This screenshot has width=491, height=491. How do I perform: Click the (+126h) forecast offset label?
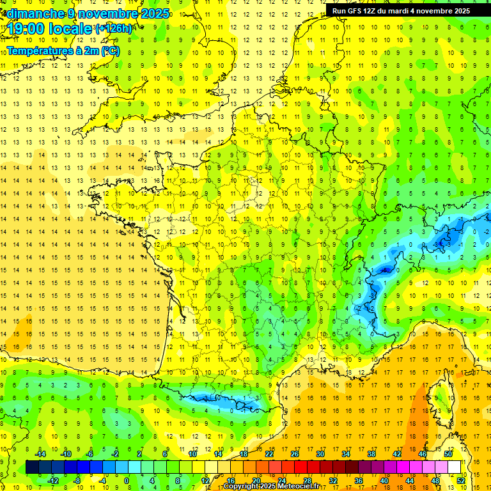[x=114, y=28]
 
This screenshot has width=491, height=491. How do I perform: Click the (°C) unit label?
[x=109, y=51]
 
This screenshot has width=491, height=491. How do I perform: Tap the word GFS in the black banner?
[x=357, y=11]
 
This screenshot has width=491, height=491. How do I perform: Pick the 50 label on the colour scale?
[x=448, y=454]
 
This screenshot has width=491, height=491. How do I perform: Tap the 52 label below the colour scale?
[x=460, y=481]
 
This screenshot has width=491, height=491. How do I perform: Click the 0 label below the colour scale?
[x=127, y=481]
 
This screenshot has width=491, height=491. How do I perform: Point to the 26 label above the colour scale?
[x=294, y=454]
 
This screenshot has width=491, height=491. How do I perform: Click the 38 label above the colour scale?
[x=371, y=454]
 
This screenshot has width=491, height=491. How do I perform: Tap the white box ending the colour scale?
[x=454, y=467]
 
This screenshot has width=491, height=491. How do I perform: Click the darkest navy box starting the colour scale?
[x=32, y=467]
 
